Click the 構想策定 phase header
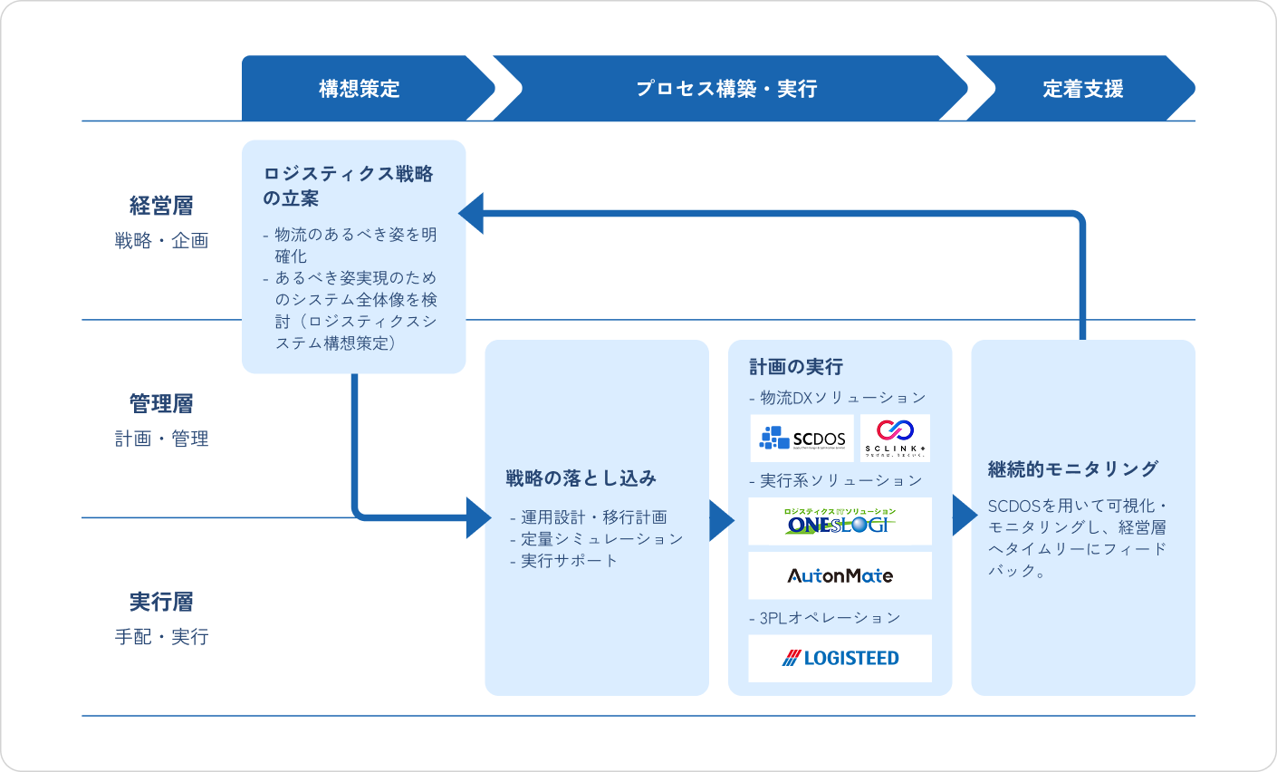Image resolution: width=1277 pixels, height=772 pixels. coord(359,89)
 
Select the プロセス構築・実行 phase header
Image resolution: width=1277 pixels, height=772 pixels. coord(726,89)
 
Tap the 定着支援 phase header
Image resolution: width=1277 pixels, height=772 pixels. coord(1082,89)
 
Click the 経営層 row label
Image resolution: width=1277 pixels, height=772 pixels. coord(161,206)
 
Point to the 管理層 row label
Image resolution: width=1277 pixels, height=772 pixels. coord(161,404)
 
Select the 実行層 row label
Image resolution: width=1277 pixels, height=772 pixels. coord(161,603)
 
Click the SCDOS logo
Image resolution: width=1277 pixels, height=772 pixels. coord(802,439)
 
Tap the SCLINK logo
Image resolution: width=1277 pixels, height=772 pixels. coord(895,439)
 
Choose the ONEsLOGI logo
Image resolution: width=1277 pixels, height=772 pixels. coord(840,522)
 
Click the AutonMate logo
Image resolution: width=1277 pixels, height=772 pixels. coord(840,576)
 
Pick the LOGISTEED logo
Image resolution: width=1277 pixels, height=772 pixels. coord(840,659)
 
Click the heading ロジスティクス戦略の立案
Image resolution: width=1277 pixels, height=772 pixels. coord(348,186)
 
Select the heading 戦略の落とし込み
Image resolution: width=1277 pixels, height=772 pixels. coord(581,478)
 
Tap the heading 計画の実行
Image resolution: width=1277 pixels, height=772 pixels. coord(796,367)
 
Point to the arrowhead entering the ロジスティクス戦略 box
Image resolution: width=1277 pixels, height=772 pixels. coord(472,214)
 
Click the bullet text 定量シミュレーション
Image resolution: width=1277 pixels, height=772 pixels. coord(601,539)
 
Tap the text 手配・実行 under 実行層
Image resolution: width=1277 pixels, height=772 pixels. coord(161,637)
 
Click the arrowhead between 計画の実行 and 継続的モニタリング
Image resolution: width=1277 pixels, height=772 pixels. coord(963,516)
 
